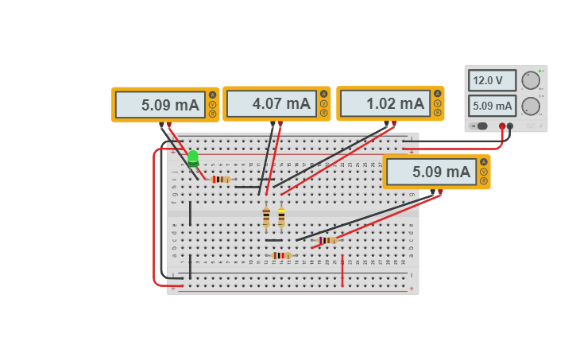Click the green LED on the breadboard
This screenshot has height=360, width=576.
(x=193, y=157)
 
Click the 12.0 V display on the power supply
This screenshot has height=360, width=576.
(x=492, y=80)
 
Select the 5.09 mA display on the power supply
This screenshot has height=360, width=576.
(x=492, y=106)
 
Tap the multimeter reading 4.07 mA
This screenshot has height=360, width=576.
(x=270, y=103)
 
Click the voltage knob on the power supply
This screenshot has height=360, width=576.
(x=531, y=79)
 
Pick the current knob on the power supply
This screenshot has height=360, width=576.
(x=531, y=106)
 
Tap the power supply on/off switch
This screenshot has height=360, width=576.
(x=480, y=126)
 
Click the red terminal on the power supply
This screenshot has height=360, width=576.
(x=501, y=126)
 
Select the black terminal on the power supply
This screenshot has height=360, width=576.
(x=510, y=126)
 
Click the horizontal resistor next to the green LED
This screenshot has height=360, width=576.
(x=222, y=180)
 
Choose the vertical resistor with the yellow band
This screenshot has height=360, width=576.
(x=281, y=217)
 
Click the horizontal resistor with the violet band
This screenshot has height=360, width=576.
(x=327, y=240)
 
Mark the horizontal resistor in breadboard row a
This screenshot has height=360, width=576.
(x=281, y=255)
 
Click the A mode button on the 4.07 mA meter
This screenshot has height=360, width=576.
(x=323, y=95)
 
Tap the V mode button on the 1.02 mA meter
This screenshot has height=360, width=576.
(x=437, y=104)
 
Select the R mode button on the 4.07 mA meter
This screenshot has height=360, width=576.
(x=323, y=113)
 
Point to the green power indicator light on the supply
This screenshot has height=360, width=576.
(x=540, y=72)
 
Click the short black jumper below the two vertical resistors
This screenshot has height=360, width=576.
(x=273, y=240)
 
